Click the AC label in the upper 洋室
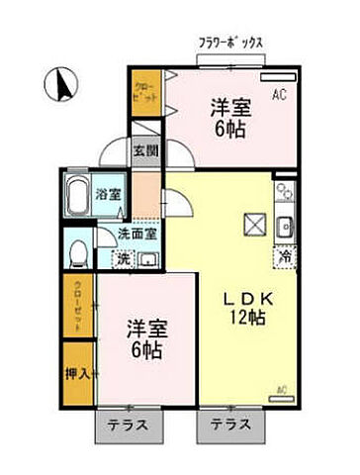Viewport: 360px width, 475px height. (x=279, y=94)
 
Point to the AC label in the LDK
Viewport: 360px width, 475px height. (x=282, y=389)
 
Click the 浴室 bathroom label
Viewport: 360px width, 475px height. (x=106, y=195)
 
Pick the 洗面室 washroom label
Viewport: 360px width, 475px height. (x=137, y=235)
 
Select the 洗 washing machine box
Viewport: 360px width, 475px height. (x=123, y=258)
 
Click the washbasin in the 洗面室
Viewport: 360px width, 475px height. (x=148, y=260)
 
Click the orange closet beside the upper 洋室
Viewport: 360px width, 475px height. (x=144, y=96)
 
